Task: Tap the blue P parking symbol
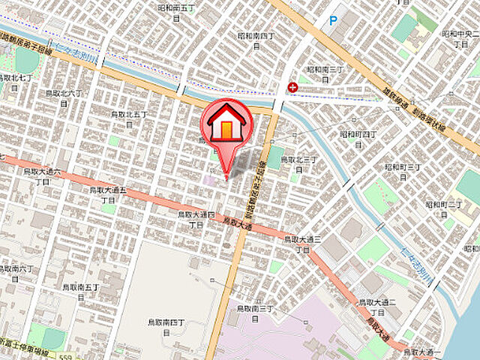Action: (332, 22)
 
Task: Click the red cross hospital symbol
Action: (292, 88)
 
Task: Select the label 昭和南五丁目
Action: (177, 12)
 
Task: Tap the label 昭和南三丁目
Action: (324, 73)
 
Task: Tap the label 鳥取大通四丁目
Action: (196, 219)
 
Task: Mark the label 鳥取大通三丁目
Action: (303, 243)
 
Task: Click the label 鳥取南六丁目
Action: (16, 272)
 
